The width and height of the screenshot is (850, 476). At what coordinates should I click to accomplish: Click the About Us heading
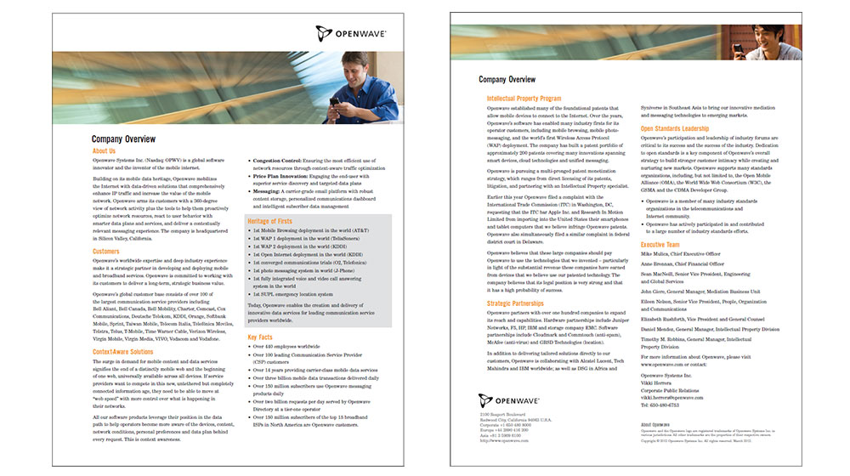[104, 150]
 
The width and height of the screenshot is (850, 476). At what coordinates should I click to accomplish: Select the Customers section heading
[106, 251]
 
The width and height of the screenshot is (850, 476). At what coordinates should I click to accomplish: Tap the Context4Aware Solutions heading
[122, 351]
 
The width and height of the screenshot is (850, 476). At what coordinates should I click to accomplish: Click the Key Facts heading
[260, 337]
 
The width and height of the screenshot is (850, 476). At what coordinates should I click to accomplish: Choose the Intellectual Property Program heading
[525, 99]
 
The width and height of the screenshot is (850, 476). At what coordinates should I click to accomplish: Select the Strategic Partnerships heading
[517, 303]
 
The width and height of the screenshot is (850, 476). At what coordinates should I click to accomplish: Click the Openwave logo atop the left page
[351, 34]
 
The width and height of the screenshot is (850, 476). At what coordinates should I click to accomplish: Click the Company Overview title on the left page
[124, 138]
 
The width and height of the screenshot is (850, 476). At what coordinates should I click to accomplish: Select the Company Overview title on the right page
[507, 79]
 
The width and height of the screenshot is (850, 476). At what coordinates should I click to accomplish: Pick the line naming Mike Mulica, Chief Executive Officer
[680, 253]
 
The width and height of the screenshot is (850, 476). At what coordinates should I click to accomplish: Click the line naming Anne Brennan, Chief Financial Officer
[681, 263]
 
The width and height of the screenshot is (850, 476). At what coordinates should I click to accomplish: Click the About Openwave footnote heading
[657, 423]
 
